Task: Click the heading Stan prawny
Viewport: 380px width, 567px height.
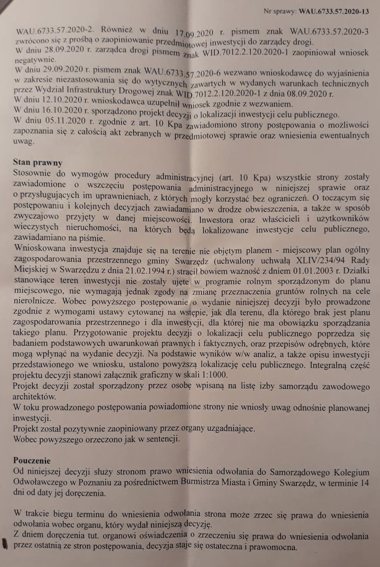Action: (38, 163)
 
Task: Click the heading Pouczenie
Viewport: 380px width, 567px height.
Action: (32, 461)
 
